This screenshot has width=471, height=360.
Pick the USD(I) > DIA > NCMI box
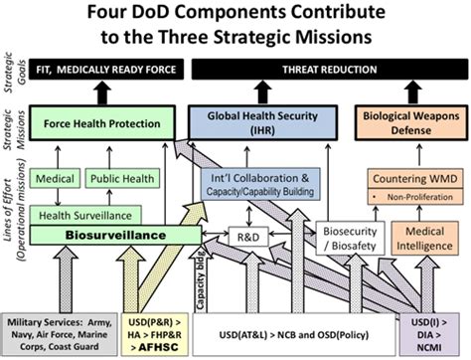point(437,330)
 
